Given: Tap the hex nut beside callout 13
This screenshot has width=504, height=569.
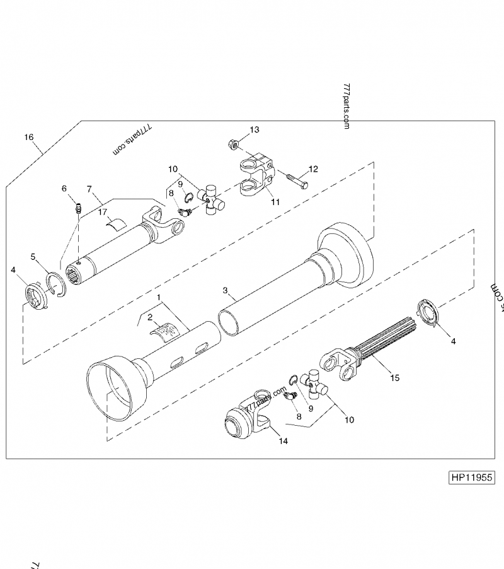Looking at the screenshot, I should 232,144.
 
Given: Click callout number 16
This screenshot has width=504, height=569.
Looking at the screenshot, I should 28,137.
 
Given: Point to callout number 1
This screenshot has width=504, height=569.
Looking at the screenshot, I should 160,296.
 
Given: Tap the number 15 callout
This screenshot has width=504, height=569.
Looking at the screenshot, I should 395,378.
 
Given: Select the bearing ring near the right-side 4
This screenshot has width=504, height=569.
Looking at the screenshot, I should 428,314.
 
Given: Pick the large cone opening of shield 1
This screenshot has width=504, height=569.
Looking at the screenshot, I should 112,390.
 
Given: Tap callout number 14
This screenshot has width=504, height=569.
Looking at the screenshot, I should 283,441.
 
